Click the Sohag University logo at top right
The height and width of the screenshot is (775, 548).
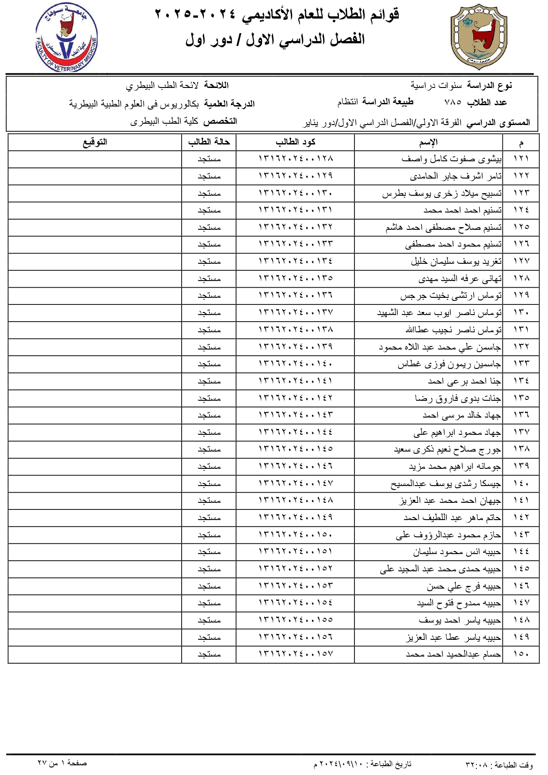pos(478,38)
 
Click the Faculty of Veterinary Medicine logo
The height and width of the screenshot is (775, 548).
pos(66,38)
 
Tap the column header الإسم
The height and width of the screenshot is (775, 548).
pos(428,142)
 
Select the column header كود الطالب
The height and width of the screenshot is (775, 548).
pos(295,142)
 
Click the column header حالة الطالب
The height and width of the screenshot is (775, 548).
pos(209,142)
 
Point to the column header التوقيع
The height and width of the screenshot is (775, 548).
pos(95,142)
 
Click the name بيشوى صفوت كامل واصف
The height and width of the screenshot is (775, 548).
pos(451,159)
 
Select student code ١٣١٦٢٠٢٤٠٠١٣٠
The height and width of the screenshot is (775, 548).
pos(295,194)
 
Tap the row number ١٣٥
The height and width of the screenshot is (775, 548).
pos(521,398)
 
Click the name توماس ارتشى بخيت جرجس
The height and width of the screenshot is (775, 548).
pos(451,296)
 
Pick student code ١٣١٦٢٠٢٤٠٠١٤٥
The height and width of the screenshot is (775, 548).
pos(295,449)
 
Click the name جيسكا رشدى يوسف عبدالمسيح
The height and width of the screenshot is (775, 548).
pos(445,484)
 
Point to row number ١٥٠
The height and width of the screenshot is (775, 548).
pos(521,654)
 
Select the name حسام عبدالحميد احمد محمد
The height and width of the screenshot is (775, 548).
pos(453,654)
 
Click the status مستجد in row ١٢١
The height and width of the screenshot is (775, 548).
pos(209,159)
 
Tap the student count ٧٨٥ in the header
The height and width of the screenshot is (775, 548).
pos(453,103)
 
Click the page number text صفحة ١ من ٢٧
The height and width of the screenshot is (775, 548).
pos(62,763)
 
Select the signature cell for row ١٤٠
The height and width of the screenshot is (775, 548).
pos(95,484)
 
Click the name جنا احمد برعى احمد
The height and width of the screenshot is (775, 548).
pos(464,381)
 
